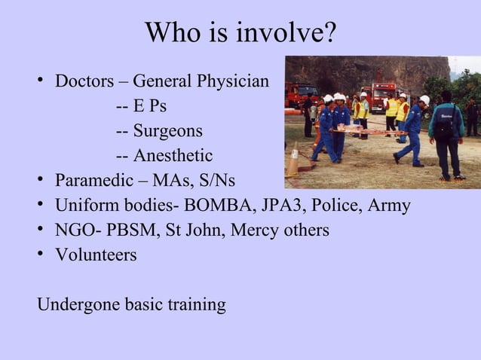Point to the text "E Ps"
coord(150,106)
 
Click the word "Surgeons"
coord(167,131)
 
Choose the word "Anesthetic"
coord(173,156)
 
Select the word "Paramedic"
coord(94,181)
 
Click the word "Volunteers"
coord(96,255)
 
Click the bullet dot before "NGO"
coord(42,230)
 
